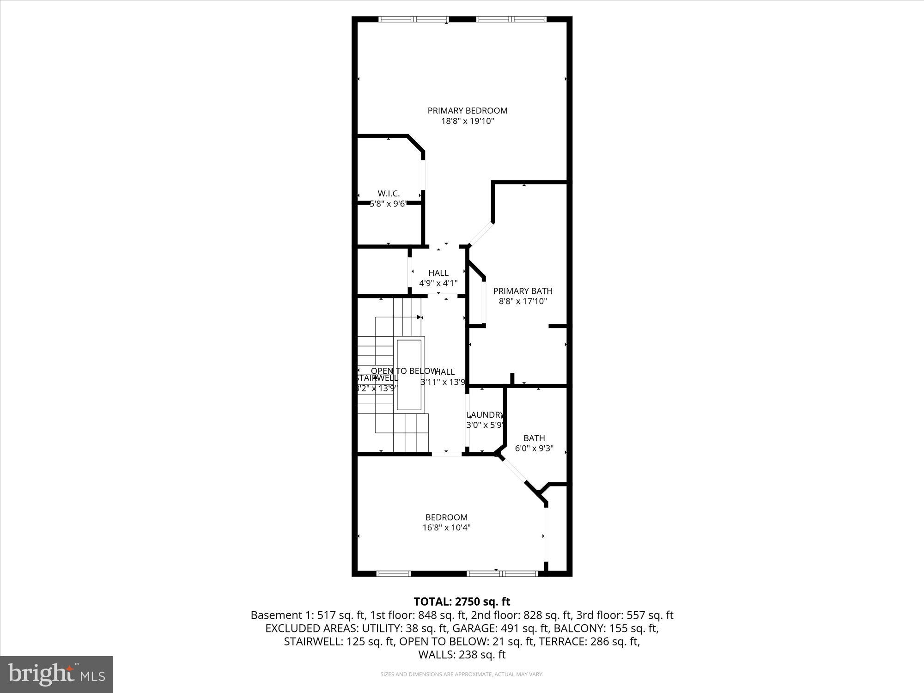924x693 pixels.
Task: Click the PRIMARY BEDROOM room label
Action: [467, 110]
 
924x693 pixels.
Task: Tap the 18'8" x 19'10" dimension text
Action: [468, 121]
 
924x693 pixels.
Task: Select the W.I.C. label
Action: [389, 194]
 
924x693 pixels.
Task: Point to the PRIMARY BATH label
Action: [523, 291]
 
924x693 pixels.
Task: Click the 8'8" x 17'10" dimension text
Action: [523, 301]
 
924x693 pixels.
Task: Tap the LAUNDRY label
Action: [484, 415]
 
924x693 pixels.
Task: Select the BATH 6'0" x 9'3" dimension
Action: [534, 448]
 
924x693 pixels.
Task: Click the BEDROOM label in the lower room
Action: [446, 517]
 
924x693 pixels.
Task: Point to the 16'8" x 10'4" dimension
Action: [446, 528]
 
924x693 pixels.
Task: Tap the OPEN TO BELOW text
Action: [404, 371]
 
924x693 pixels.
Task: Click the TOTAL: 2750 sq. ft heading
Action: [462, 602]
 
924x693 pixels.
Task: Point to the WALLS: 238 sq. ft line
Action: [462, 655]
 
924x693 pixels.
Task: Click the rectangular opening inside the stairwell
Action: [409, 375]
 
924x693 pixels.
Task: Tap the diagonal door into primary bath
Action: [481, 233]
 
